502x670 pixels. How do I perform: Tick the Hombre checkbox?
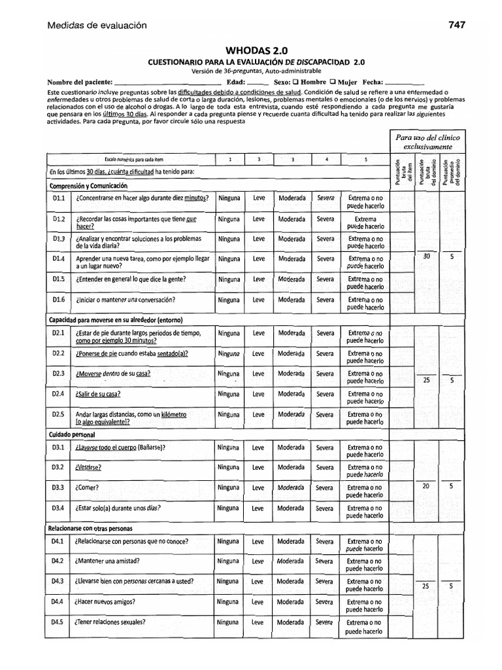click(x=296, y=82)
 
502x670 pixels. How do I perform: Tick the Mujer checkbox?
click(x=333, y=82)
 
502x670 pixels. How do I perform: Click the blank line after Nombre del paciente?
click(x=167, y=84)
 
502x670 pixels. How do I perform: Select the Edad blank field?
click(x=258, y=84)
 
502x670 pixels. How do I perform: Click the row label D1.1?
click(x=59, y=198)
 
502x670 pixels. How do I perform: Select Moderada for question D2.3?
click(x=291, y=373)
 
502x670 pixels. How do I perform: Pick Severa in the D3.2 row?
click(x=325, y=467)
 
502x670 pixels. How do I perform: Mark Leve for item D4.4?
click(x=258, y=601)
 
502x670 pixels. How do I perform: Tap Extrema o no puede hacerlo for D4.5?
click(x=365, y=627)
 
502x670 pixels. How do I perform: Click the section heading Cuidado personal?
click(x=72, y=434)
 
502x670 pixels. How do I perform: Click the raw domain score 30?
click(x=427, y=256)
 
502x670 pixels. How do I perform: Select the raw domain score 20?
click(x=426, y=485)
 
